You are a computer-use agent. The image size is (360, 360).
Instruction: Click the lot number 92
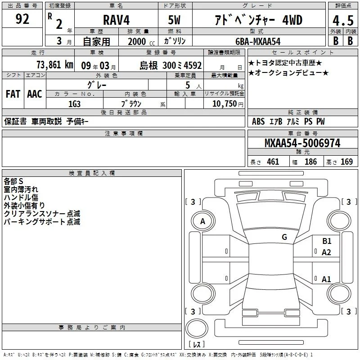[x=22, y=19]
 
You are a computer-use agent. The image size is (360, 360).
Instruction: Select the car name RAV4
[x=116, y=20]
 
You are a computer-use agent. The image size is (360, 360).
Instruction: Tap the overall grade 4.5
[x=343, y=21]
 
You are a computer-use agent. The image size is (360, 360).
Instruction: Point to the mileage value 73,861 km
[x=55, y=65]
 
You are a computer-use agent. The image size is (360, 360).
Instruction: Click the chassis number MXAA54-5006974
[x=302, y=143]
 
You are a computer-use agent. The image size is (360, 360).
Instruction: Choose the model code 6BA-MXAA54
[x=258, y=41]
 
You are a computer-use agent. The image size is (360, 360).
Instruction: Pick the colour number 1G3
[x=74, y=104]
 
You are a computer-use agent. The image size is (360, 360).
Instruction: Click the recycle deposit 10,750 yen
[x=228, y=104]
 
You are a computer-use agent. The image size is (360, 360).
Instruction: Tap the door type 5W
[x=174, y=20]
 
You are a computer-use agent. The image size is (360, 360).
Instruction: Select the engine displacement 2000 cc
[x=141, y=41]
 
